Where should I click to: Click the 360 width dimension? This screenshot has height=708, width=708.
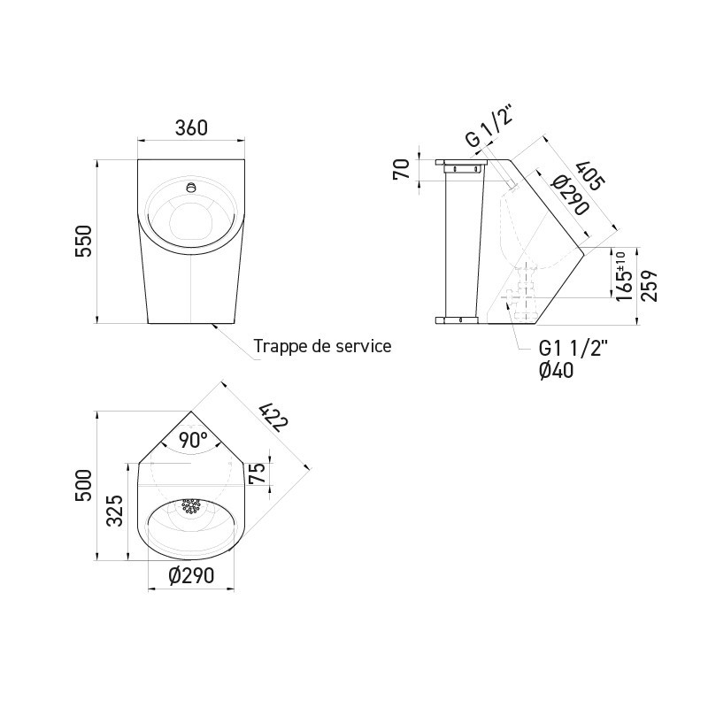coord(190,127)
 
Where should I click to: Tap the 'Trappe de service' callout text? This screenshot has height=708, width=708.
coord(321,345)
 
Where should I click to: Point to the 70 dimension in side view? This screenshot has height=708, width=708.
coord(400,168)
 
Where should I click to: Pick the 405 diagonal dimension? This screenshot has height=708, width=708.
coord(590,175)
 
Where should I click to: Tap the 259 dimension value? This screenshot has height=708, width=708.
coord(650,285)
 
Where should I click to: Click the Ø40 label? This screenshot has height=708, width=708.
coord(556,371)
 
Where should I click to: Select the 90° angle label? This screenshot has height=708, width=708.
coord(192,439)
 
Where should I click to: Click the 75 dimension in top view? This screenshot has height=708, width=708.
coord(257,473)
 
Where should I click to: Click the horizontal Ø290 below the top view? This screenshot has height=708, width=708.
coord(191,576)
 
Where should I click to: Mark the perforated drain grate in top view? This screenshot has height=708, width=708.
coord(191,506)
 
